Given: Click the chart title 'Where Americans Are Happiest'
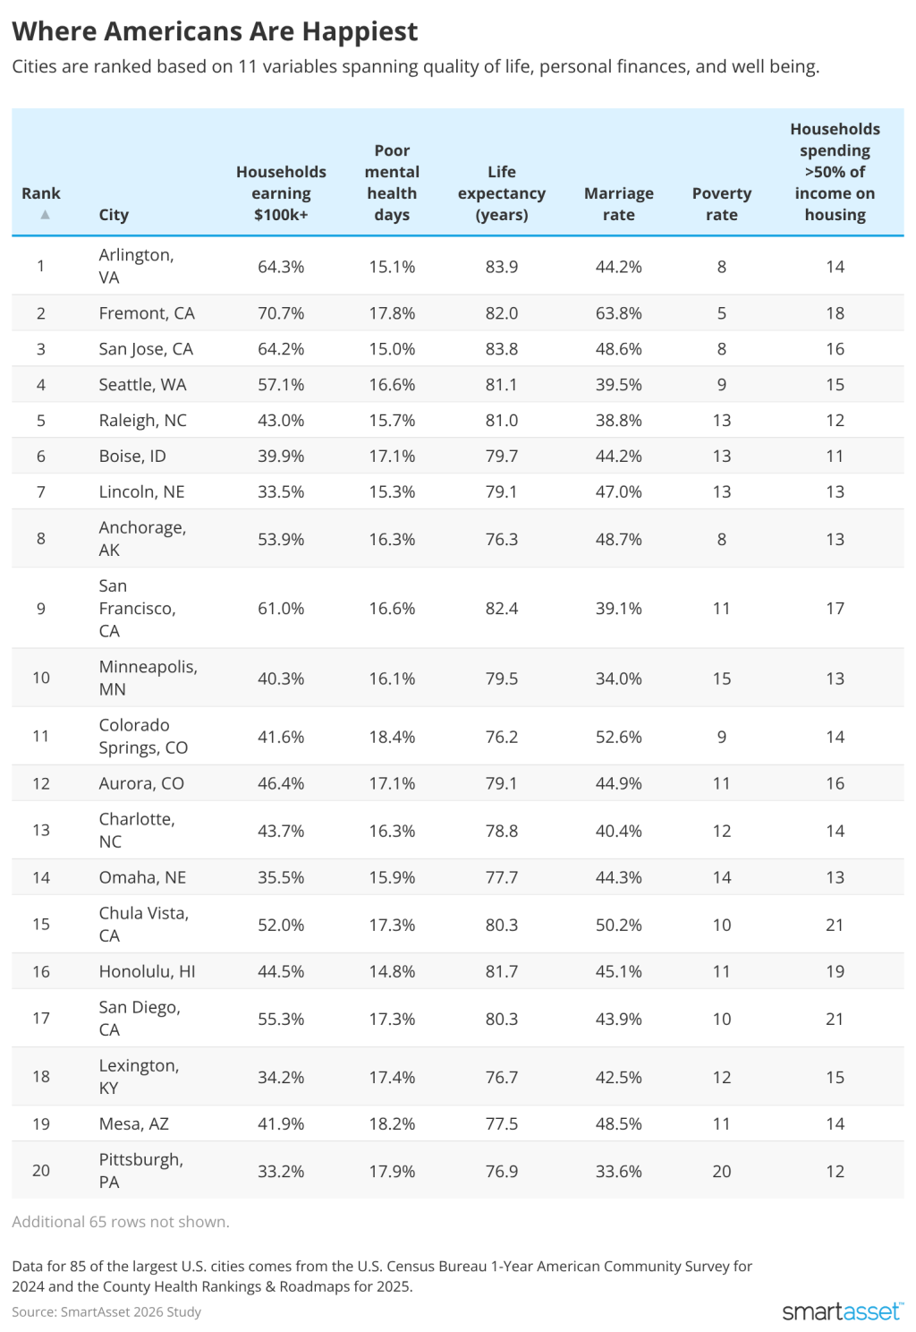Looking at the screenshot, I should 215,31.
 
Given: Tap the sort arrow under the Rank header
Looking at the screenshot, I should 45,215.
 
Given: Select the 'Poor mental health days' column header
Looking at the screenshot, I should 392,183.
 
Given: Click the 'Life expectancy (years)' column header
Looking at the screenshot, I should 501,193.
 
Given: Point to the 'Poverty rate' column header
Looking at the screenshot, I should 721,204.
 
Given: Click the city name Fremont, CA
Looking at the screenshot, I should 147,313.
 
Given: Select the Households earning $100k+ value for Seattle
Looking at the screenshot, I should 281,385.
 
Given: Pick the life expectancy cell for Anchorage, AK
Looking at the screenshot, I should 501,539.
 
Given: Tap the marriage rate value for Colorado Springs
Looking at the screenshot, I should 618,737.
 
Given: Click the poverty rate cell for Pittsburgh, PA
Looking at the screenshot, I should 721,1171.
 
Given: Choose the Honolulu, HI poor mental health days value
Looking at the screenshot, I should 392,971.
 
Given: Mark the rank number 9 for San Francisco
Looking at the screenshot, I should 41,609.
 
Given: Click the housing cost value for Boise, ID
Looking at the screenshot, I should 835,457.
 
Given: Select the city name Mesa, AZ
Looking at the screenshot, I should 134,1123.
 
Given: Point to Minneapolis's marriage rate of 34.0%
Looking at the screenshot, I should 618,679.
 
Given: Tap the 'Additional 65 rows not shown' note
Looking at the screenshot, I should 121,1222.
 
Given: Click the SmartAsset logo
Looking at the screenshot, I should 842,1311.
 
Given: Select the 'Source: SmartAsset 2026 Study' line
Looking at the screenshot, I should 106,1311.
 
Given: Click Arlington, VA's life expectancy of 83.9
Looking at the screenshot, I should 501,267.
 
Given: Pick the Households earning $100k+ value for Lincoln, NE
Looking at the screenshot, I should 281,492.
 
